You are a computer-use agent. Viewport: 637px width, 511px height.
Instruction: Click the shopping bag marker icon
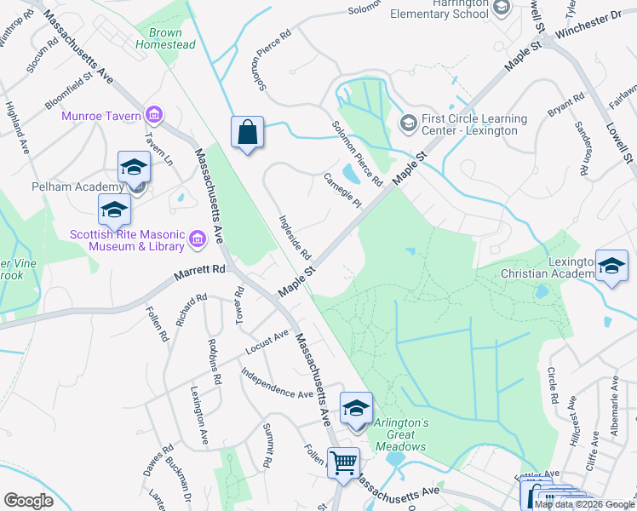[247, 133]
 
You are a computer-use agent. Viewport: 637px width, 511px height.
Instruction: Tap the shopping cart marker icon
[344, 463]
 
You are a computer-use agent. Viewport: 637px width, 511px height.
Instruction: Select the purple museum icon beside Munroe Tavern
[154, 114]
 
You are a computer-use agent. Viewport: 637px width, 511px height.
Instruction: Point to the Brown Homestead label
[165, 38]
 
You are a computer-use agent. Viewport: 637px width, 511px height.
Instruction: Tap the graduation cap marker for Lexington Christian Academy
[611, 266]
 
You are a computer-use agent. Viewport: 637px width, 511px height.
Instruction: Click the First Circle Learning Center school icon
[409, 124]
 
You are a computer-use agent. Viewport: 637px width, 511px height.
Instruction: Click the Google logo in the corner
[28, 501]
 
